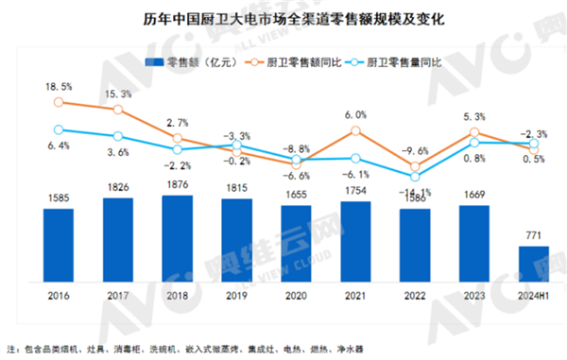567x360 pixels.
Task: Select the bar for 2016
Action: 58,243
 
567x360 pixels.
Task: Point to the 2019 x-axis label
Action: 236,295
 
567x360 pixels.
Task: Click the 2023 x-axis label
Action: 474,295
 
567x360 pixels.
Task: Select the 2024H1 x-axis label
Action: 535,295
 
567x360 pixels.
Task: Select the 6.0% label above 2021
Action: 355,115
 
